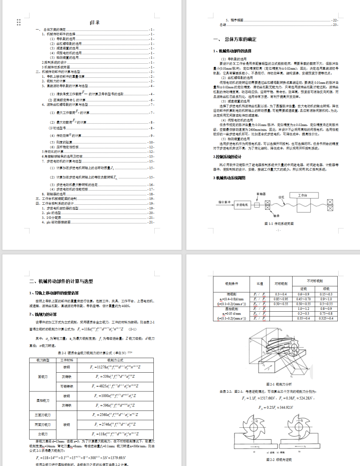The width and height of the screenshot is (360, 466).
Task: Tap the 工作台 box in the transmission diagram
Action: point(303,195)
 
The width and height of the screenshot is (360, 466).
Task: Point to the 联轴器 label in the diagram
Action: point(261,194)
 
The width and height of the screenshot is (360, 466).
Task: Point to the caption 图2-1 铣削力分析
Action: point(278,384)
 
